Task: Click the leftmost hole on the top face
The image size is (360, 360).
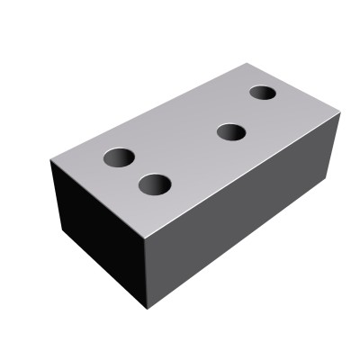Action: (118, 158)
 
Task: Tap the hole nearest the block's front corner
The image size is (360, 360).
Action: (155, 185)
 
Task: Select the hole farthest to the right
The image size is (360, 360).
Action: (263, 93)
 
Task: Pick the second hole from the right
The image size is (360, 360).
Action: (231, 133)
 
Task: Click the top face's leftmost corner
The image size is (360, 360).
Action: (51, 161)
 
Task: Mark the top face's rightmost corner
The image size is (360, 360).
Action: (341, 113)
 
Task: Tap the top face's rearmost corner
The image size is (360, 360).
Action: (247, 63)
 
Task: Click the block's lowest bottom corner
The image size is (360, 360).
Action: (147, 309)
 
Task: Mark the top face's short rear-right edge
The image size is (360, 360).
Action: (294, 88)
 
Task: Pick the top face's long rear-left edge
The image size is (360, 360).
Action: (149, 112)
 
